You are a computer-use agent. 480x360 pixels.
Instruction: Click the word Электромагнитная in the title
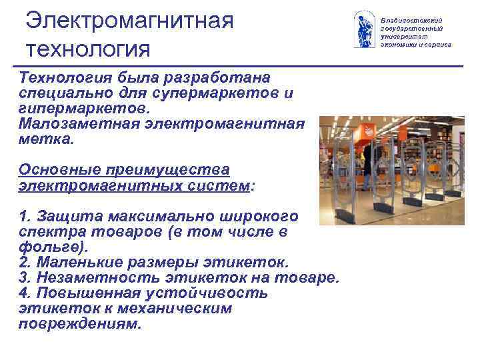click(130, 19)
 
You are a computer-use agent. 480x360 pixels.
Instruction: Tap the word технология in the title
click(89, 49)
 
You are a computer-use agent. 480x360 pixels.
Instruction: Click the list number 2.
click(25, 261)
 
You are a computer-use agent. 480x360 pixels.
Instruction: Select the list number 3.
click(25, 277)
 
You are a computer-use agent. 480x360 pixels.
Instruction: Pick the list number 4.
click(25, 293)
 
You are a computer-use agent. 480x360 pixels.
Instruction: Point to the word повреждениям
click(79, 323)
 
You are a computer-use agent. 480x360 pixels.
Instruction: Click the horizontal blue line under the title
click(240, 67)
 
